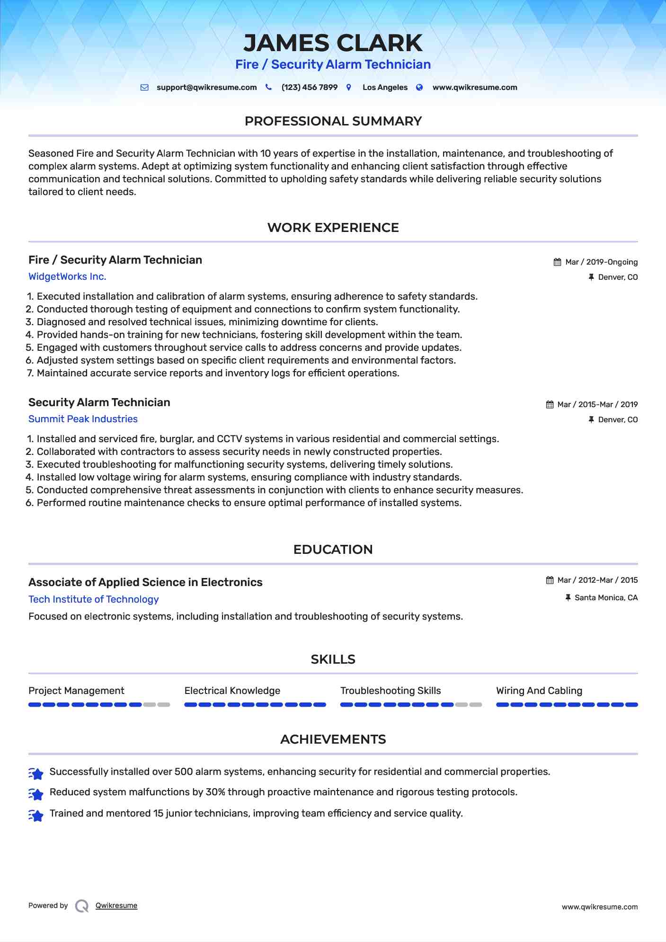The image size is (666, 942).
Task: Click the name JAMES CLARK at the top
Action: (x=333, y=43)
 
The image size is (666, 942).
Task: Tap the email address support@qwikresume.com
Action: (x=206, y=88)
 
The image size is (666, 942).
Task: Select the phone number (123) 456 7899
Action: (x=309, y=88)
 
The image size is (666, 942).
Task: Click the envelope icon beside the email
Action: (x=145, y=88)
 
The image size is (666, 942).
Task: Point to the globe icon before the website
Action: (x=419, y=88)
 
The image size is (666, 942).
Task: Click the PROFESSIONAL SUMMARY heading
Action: (x=333, y=121)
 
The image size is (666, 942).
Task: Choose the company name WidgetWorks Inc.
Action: (x=67, y=277)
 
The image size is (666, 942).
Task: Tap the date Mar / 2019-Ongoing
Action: (x=601, y=262)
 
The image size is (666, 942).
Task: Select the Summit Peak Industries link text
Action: (x=83, y=419)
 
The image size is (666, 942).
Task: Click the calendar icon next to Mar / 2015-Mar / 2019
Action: (x=550, y=405)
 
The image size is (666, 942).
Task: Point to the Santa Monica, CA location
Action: (x=606, y=598)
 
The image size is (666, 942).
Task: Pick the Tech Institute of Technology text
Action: (x=94, y=600)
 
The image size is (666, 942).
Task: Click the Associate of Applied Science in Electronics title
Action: (x=145, y=583)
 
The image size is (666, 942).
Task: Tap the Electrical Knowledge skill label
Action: (x=232, y=691)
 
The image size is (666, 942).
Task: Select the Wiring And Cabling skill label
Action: (x=539, y=691)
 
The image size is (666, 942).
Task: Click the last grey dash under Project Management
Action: (x=164, y=705)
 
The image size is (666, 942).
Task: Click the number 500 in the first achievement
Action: (x=184, y=772)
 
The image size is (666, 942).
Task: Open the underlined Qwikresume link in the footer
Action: (x=116, y=906)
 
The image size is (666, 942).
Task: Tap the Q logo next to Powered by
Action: (x=82, y=906)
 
